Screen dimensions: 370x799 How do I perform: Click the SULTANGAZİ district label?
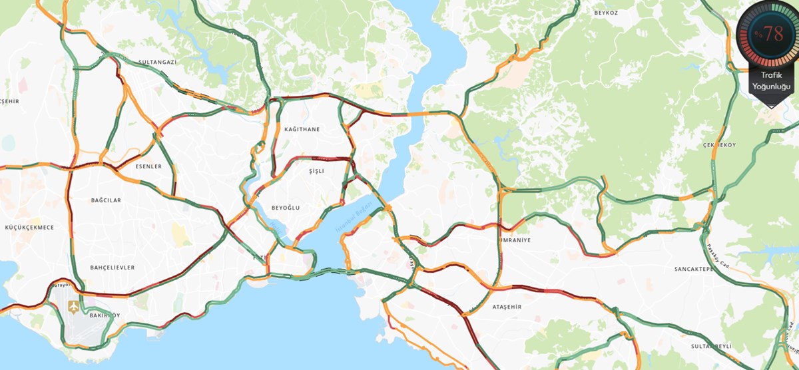pyautogui.click(x=157, y=62)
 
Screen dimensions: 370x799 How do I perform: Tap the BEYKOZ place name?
pyautogui.click(x=606, y=13)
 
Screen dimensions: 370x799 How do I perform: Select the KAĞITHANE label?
pyautogui.click(x=302, y=129)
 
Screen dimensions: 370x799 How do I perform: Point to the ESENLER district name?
pyautogui.click(x=148, y=166)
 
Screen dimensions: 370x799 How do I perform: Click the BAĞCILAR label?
pyautogui.click(x=106, y=200)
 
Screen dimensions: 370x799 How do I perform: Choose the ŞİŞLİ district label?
pyautogui.click(x=316, y=171)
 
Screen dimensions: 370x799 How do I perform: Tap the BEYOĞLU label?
pyautogui.click(x=286, y=208)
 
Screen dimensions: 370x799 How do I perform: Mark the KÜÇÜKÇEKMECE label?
pyautogui.click(x=29, y=227)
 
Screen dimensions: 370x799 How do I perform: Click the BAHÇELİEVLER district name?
pyautogui.click(x=113, y=268)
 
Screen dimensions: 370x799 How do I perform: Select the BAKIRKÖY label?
pyautogui.click(x=105, y=315)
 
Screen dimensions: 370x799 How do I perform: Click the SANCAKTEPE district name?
pyautogui.click(x=694, y=269)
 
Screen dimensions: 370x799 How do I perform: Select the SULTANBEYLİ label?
pyautogui.click(x=711, y=347)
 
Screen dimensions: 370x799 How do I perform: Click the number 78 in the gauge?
pyautogui.click(x=773, y=34)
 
